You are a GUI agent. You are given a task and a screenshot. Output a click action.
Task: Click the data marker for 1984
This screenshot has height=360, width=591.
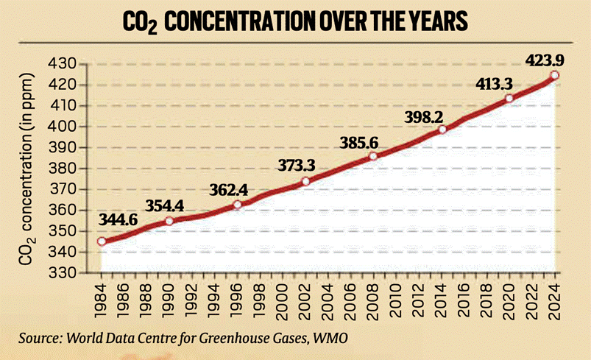point(101,241)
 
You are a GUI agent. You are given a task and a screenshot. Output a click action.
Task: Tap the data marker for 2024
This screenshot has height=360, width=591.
point(554,75)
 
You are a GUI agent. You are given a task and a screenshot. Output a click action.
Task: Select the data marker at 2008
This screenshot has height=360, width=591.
point(373,156)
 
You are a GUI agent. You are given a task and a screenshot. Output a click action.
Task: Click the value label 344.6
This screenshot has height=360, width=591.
point(118,219)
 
